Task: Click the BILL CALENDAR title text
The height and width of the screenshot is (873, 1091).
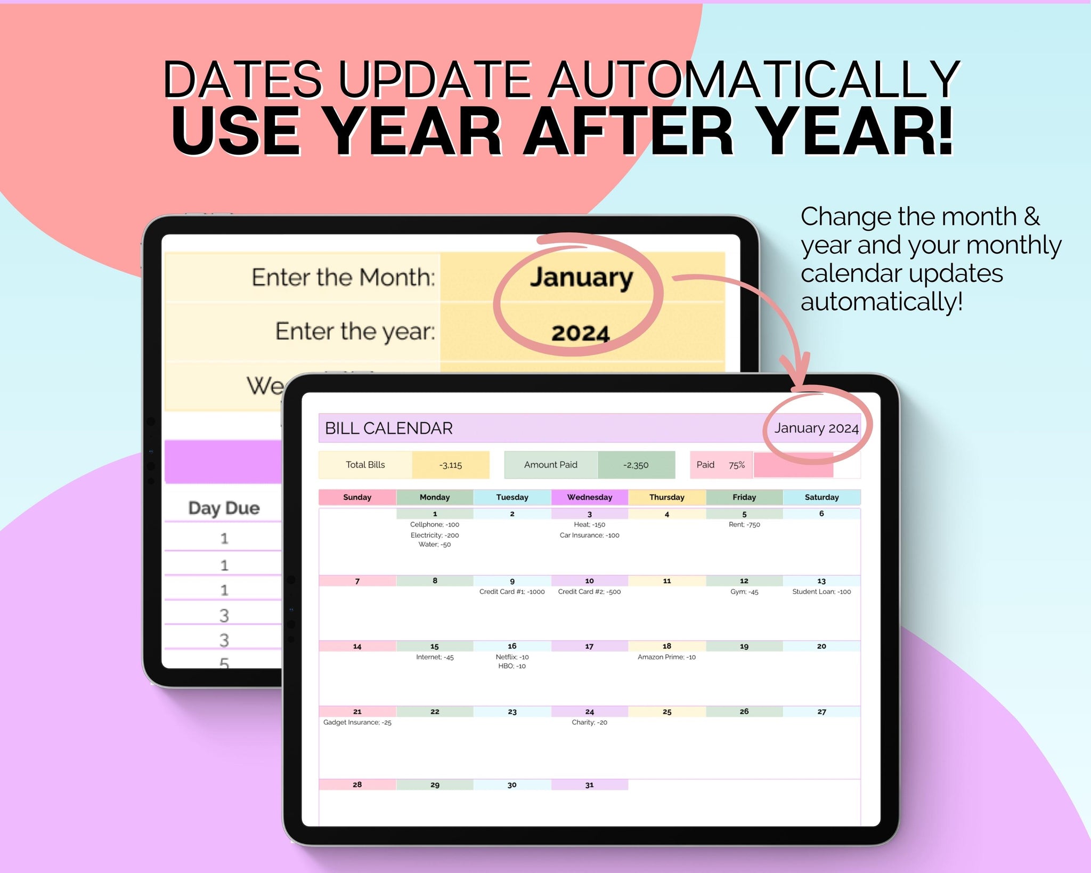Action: [388, 428]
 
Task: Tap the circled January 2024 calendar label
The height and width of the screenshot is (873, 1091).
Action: [816, 428]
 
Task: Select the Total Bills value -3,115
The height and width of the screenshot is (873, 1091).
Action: [450, 465]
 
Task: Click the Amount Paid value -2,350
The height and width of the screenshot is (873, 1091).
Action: [636, 465]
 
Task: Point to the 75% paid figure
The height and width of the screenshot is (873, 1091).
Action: [737, 465]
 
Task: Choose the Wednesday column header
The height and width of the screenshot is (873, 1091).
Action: [589, 497]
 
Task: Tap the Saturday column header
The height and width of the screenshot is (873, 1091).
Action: [821, 497]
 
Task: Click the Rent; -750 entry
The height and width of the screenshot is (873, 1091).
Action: [744, 524]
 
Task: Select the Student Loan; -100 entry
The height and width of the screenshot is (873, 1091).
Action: [821, 592]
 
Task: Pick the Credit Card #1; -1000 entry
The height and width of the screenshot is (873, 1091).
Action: [512, 592]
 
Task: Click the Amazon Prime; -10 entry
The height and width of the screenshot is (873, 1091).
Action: [666, 657]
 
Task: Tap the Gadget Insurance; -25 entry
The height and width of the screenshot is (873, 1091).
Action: [357, 722]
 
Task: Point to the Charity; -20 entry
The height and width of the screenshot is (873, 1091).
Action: [589, 722]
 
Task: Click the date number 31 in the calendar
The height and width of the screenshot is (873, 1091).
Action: [589, 785]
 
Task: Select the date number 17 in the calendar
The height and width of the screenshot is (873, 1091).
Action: [589, 646]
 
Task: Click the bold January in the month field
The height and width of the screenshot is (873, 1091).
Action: [581, 278]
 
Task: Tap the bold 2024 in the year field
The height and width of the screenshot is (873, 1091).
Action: [580, 334]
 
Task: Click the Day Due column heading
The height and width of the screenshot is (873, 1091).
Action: [224, 508]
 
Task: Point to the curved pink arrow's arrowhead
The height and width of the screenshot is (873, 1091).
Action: [797, 373]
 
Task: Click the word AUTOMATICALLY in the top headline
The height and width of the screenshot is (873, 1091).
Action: [755, 79]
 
